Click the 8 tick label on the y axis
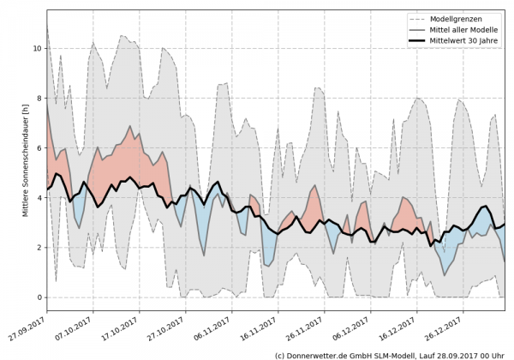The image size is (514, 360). (39, 99)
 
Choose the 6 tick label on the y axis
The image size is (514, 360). (39, 148)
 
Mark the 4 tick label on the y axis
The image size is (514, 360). (39, 198)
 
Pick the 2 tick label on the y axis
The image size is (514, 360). (39, 248)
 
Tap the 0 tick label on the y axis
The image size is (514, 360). (39, 297)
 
